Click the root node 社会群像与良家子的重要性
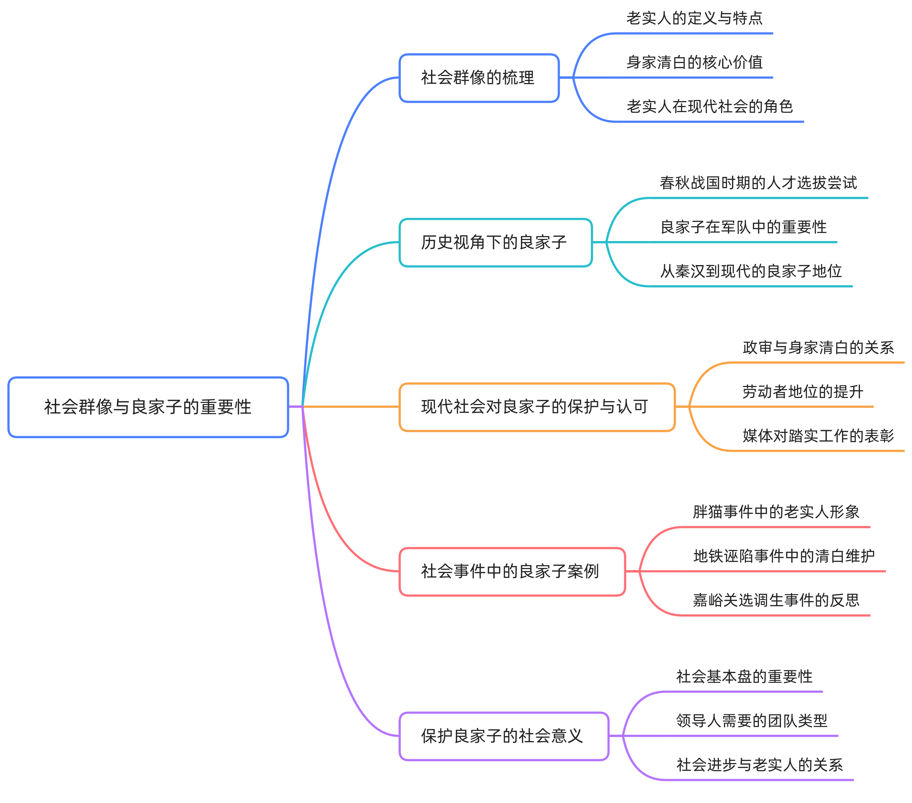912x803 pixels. (x=148, y=407)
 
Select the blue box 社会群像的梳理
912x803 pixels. (x=479, y=78)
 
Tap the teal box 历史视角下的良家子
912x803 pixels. (x=495, y=242)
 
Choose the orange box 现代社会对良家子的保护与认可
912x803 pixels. (x=537, y=407)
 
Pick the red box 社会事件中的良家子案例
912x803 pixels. (x=512, y=572)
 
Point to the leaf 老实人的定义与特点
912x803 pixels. (x=694, y=19)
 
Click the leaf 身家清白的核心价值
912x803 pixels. (x=694, y=63)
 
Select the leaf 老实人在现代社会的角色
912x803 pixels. (x=709, y=107)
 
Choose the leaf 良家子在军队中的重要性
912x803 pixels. (x=743, y=227)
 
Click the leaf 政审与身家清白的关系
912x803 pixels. (x=818, y=348)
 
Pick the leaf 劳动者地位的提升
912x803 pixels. (x=803, y=392)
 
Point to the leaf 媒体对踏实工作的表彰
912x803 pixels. (x=818, y=436)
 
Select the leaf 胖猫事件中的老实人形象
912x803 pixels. (x=776, y=512)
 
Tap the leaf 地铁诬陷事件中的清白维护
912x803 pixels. (x=784, y=556)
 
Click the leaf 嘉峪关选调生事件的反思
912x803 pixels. (x=776, y=600)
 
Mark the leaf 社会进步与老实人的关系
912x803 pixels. (x=759, y=765)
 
